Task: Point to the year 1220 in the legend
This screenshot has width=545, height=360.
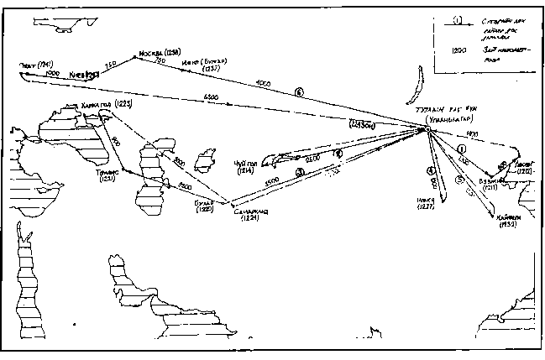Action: pyautogui.click(x=459, y=49)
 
